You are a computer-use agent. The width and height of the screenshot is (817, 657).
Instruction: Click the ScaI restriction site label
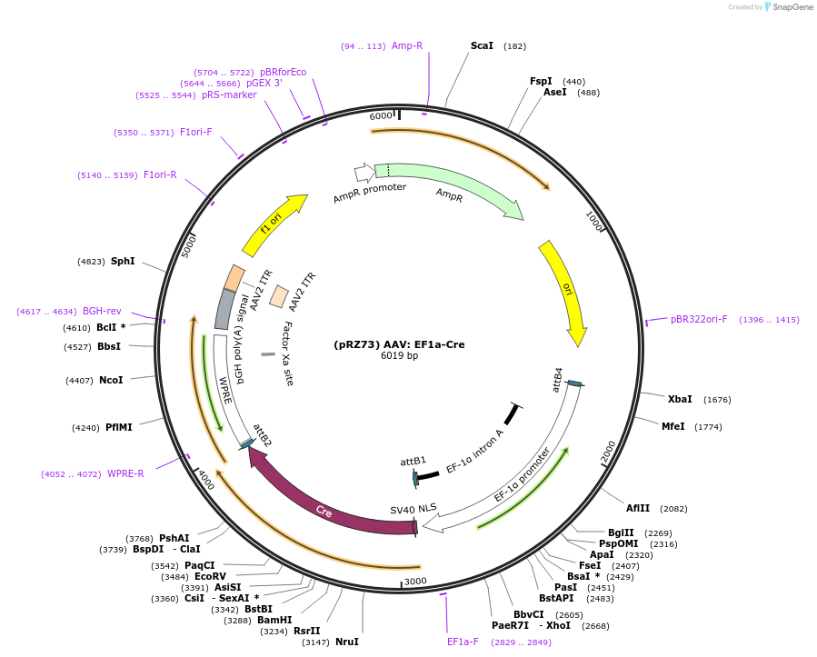click(x=482, y=45)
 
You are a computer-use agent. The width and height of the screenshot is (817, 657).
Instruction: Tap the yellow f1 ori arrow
click(x=274, y=224)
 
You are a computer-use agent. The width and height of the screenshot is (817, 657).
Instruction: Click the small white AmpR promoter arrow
click(x=364, y=173)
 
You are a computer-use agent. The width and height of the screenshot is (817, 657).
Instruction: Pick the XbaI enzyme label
click(x=680, y=399)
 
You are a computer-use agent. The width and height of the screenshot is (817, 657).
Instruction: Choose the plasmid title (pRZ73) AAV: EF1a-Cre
click(x=399, y=344)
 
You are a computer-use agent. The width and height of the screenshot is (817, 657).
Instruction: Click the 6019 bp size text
click(x=399, y=356)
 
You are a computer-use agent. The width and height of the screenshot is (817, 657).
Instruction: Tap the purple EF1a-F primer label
click(x=463, y=642)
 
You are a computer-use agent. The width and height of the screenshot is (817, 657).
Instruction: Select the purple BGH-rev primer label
click(x=102, y=311)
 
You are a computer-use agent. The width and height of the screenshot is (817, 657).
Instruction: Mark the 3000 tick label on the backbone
click(x=415, y=581)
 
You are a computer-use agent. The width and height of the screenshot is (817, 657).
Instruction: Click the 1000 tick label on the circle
click(x=594, y=221)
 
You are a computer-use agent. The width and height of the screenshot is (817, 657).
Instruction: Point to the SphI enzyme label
click(x=123, y=261)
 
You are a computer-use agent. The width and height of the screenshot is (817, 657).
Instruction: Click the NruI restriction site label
click(x=347, y=642)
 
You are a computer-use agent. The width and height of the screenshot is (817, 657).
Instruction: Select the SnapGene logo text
click(x=792, y=6)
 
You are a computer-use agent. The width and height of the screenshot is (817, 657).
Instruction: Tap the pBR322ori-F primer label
click(x=699, y=319)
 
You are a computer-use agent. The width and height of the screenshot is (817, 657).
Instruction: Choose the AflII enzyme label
click(x=638, y=508)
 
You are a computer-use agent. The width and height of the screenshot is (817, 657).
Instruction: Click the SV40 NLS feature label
click(x=413, y=509)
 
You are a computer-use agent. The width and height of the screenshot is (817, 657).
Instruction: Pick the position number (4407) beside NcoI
click(x=79, y=381)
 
